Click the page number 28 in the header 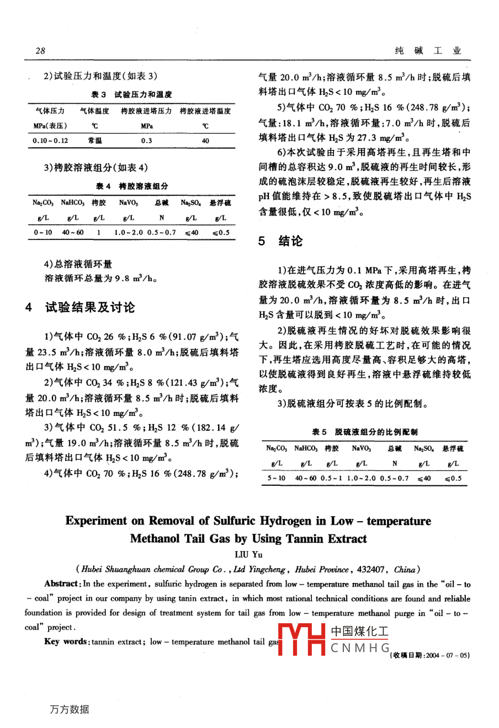[x=40, y=51]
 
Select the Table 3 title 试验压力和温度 [x=143, y=94]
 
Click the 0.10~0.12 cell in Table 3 [x=50, y=141]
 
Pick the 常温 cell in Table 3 [x=95, y=141]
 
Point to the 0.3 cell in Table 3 [x=146, y=141]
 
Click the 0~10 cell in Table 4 [x=43, y=232]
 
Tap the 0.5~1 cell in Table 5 [x=331, y=478]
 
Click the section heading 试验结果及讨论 [x=90, y=307]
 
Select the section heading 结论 [x=290, y=241]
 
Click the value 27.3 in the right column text [x=376, y=137]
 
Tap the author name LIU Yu [x=249, y=554]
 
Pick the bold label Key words [x=66, y=641]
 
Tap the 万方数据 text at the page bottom [x=69, y=709]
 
